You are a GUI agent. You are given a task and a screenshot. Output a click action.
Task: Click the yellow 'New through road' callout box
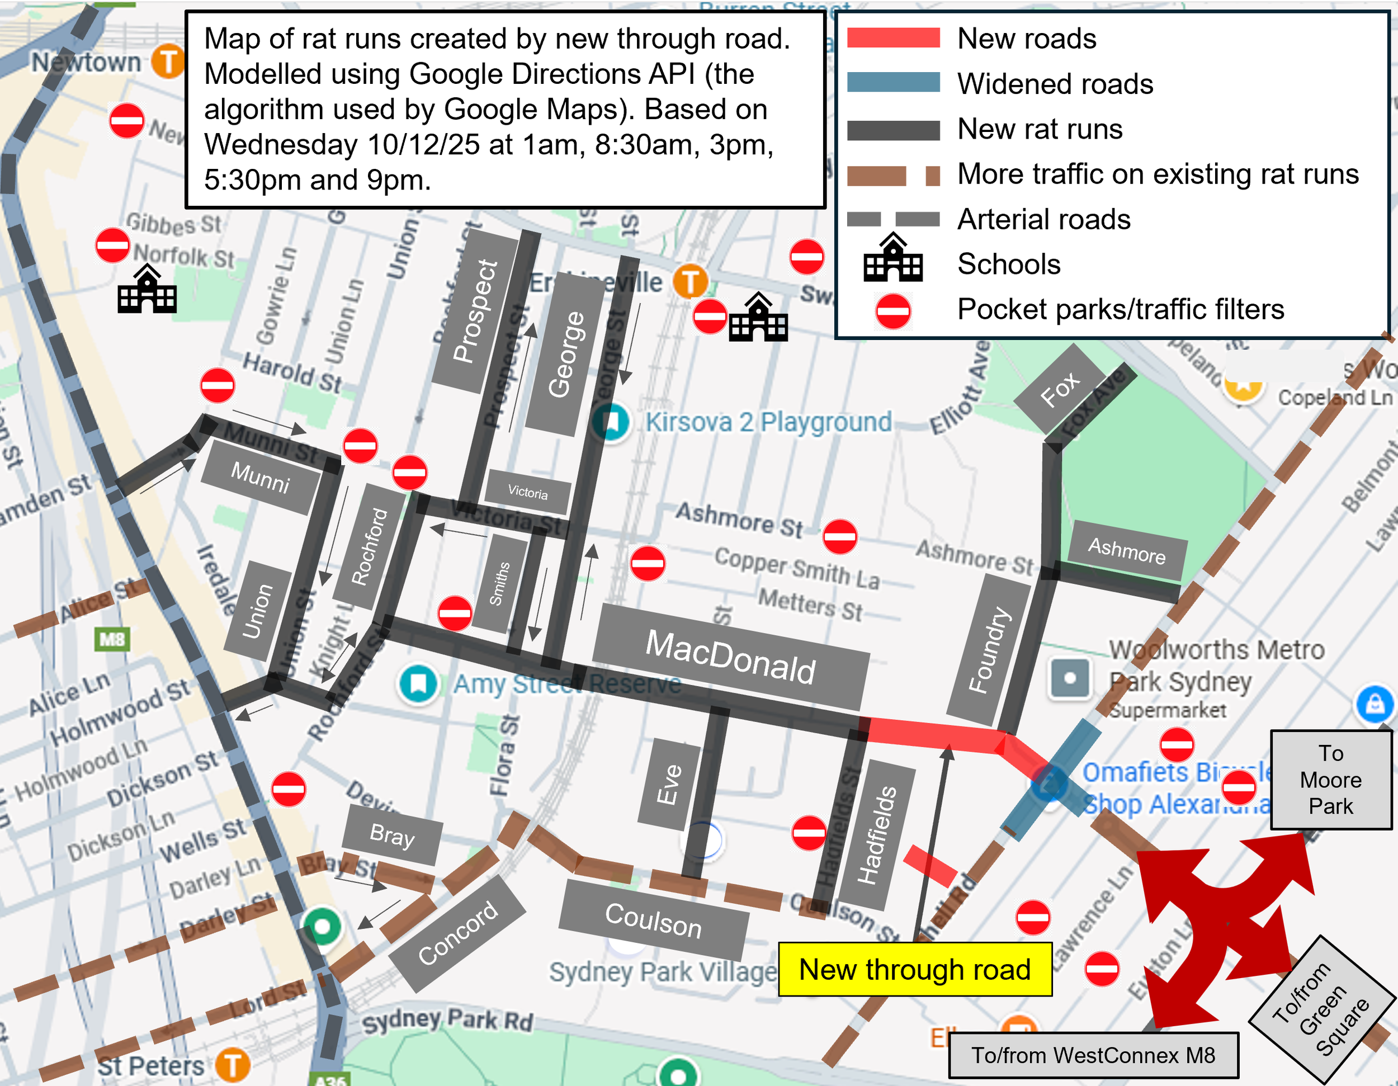[915, 969]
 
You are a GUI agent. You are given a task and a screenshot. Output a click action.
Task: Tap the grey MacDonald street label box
[730, 657]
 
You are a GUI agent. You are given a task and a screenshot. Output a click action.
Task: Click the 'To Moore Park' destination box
[1330, 780]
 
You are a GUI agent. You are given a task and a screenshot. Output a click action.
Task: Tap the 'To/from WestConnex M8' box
[1093, 1055]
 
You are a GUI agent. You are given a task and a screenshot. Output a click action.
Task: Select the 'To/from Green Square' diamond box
[1322, 1009]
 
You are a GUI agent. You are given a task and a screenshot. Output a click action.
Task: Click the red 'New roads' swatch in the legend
[893, 38]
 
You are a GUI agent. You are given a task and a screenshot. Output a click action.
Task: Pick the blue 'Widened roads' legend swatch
[893, 83]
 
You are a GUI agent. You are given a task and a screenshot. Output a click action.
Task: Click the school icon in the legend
[893, 258]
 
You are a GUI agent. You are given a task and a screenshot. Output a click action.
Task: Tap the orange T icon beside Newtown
[168, 62]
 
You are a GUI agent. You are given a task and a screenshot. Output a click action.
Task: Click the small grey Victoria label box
[527, 492]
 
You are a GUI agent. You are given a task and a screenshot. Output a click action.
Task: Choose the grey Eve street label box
[669, 784]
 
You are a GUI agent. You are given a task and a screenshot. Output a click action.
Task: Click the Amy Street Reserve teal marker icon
[418, 683]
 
